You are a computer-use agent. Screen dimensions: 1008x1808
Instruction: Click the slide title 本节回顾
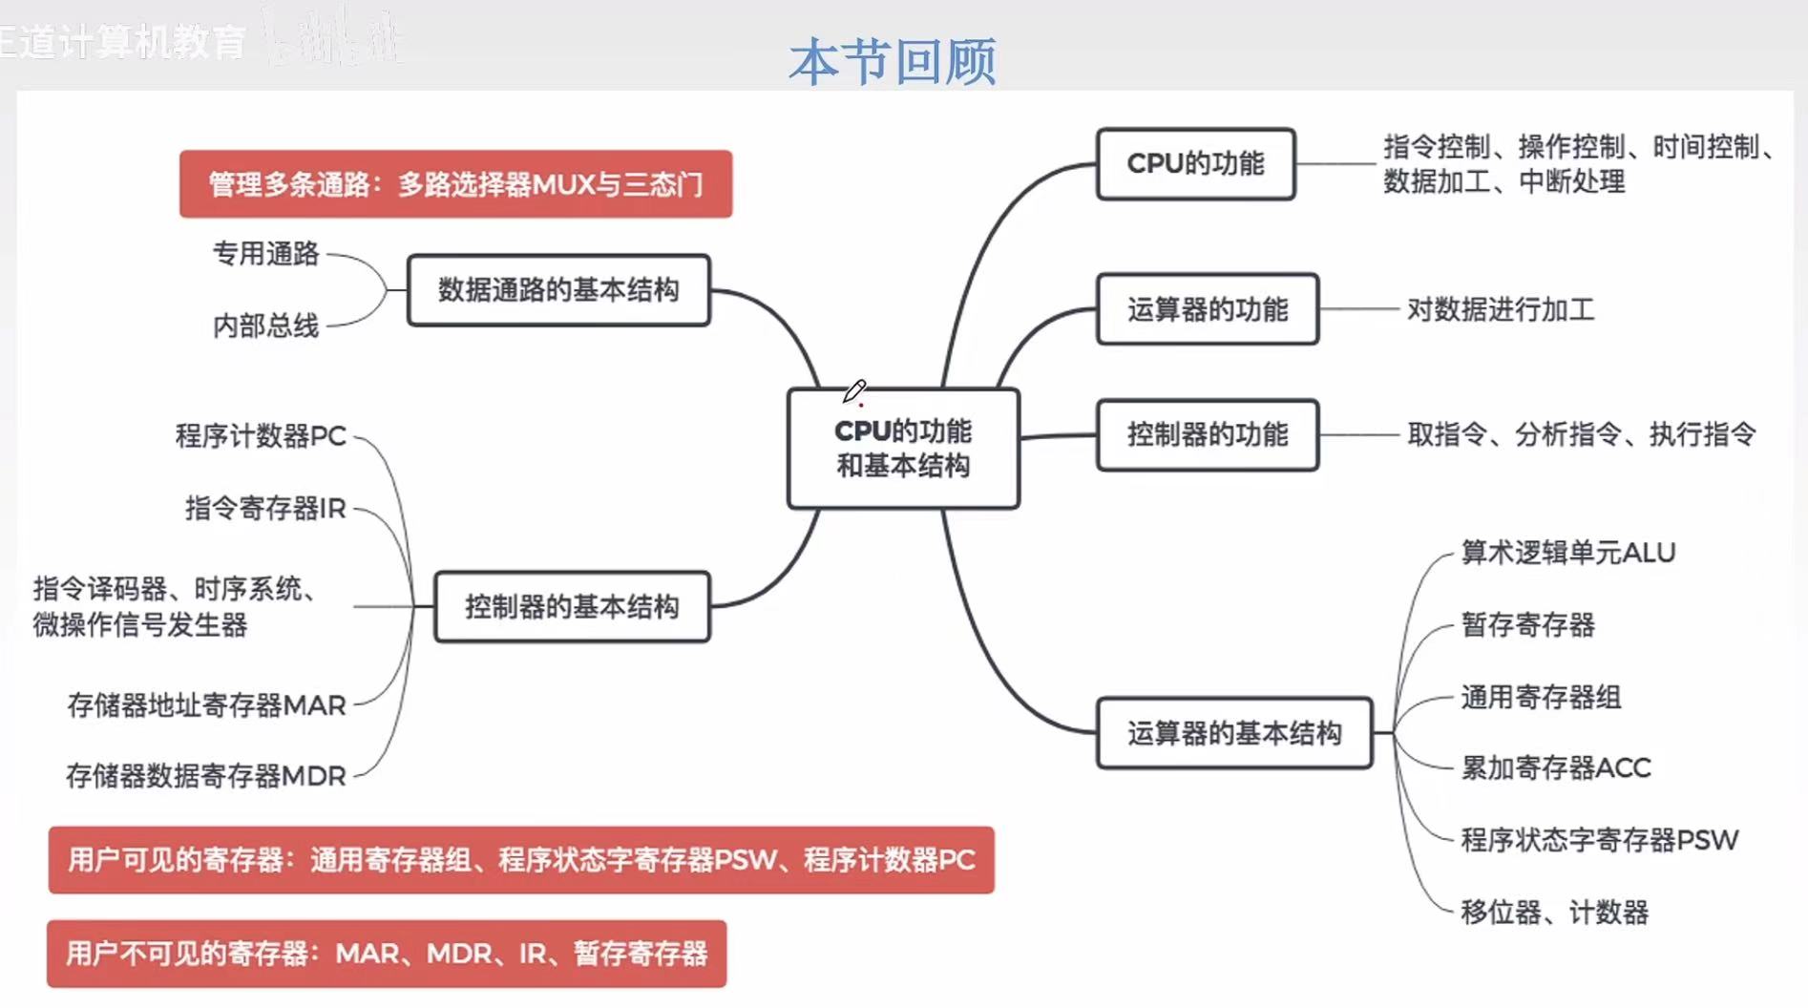click(893, 61)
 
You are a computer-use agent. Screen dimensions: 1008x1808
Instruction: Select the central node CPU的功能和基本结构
click(903, 449)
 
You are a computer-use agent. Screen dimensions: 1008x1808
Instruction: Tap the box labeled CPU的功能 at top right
click(1195, 164)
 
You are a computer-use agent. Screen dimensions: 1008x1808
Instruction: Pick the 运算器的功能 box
click(1208, 309)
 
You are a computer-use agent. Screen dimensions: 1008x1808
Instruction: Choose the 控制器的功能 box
click(1208, 435)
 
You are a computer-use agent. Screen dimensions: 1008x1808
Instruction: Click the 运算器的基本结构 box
click(1234, 733)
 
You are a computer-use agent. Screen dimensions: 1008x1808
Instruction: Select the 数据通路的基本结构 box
click(558, 290)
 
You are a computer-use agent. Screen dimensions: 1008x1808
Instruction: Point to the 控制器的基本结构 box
click(572, 607)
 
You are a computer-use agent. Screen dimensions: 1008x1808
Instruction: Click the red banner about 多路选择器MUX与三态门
click(455, 184)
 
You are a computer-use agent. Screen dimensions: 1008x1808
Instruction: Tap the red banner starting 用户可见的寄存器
click(521, 860)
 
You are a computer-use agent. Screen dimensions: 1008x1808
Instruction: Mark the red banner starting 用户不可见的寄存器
click(387, 954)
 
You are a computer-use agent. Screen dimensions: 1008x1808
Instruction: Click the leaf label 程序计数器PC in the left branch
click(261, 436)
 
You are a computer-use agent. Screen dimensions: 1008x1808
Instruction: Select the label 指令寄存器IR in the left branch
click(265, 508)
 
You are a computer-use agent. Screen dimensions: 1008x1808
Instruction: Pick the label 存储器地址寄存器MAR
click(206, 705)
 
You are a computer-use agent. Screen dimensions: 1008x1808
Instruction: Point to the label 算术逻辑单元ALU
click(1567, 553)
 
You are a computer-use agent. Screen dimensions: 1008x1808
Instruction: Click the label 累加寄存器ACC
click(1555, 767)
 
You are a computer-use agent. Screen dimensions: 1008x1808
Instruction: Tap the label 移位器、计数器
click(1554, 913)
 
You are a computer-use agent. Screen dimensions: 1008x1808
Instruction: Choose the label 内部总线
click(265, 326)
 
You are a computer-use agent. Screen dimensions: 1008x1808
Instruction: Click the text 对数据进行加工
click(1501, 310)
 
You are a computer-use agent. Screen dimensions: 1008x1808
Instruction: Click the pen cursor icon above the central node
click(854, 391)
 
